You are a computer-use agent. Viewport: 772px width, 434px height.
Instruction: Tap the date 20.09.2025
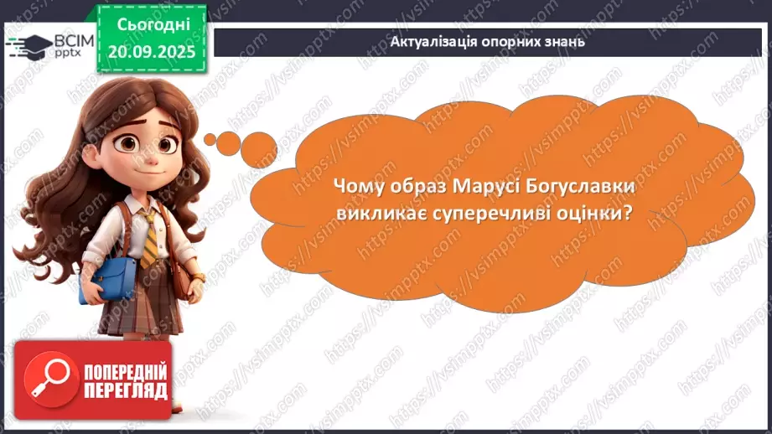(153, 49)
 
